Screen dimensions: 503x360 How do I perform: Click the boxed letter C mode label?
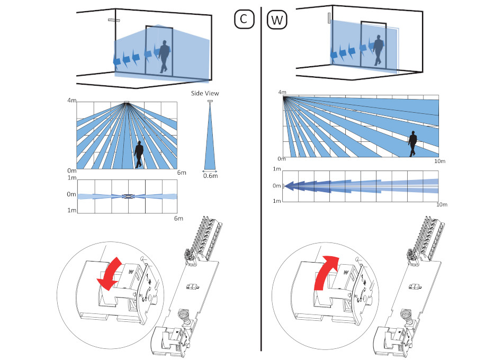(x=244, y=19)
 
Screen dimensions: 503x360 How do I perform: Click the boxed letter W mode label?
(x=277, y=20)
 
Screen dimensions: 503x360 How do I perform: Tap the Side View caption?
(x=205, y=93)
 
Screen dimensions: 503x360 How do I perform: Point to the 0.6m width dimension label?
(x=210, y=176)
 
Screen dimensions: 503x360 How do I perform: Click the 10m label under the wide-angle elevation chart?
(x=440, y=161)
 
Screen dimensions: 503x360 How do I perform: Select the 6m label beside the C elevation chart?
(x=182, y=173)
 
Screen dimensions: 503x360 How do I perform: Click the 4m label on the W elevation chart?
(x=282, y=93)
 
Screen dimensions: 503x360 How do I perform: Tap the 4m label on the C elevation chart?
(x=72, y=101)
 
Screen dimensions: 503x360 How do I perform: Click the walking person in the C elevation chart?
(x=139, y=155)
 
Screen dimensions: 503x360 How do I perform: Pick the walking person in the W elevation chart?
(x=412, y=144)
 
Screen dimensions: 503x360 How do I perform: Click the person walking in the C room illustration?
(x=164, y=57)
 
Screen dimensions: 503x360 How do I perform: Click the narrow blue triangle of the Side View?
(x=210, y=137)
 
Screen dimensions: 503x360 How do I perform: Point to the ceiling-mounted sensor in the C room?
(x=114, y=20)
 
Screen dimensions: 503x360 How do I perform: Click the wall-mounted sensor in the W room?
(x=329, y=18)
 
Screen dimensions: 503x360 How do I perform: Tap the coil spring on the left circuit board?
(x=184, y=317)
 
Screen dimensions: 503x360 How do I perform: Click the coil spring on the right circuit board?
(x=407, y=317)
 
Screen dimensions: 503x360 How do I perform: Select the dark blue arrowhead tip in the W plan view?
(x=285, y=186)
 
